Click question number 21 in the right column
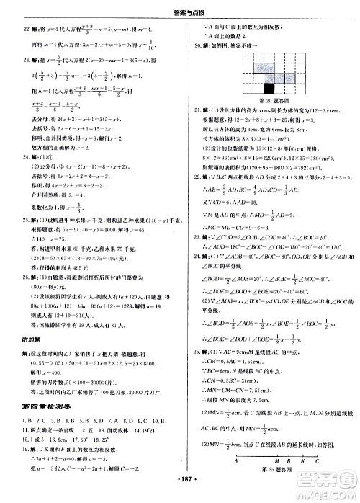192,109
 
